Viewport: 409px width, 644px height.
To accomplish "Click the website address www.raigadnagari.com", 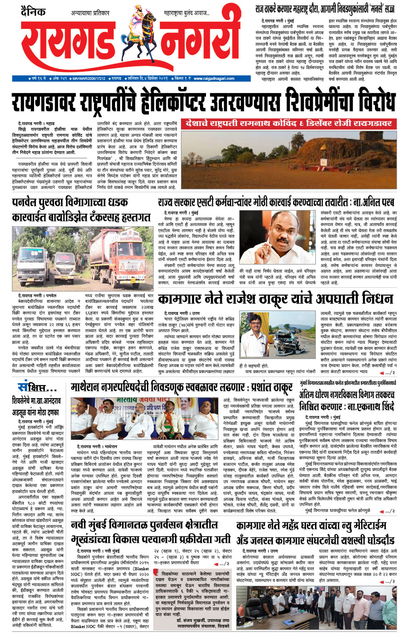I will point(214,79).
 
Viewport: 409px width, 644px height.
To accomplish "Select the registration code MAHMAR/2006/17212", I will point(89,79).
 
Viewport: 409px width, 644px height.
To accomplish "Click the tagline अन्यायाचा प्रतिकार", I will point(90,13).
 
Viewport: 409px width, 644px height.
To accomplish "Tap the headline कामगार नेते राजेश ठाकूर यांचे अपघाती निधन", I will point(275,299).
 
